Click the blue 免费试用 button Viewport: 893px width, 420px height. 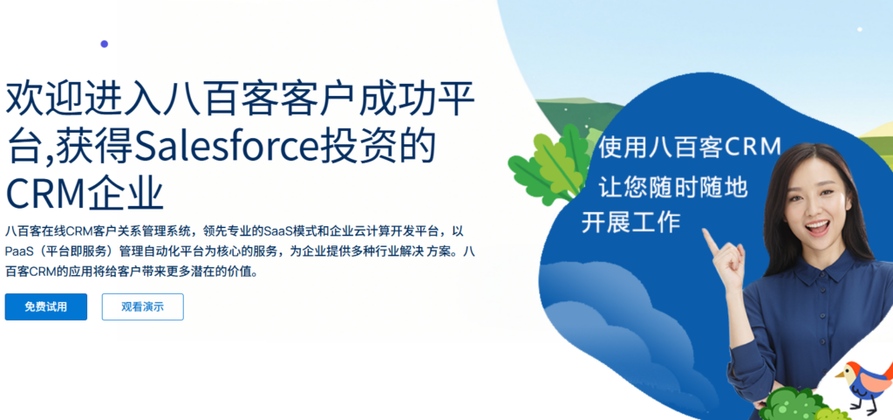point(45,306)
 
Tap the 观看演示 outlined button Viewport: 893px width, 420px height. point(142,306)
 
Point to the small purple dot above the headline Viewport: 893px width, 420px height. point(105,44)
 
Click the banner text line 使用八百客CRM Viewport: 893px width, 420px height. point(689,147)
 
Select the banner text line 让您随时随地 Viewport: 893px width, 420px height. point(671,186)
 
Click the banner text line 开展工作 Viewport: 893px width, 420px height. point(631,223)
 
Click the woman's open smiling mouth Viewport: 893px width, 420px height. point(817,228)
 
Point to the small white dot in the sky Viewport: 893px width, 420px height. point(859,30)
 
